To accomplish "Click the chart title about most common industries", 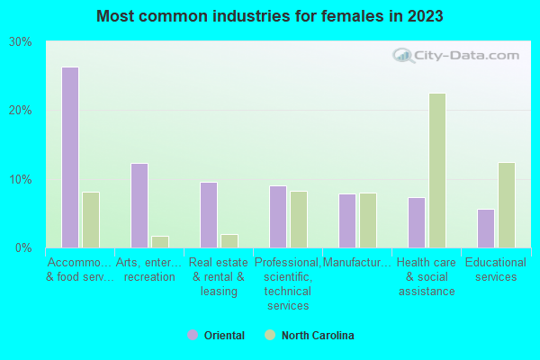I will tap(270, 16).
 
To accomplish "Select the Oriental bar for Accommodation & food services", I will tap(70, 157).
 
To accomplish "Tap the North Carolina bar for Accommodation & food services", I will tap(91, 220).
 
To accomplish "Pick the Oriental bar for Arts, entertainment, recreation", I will tap(139, 205).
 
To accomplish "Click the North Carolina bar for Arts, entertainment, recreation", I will tap(160, 241).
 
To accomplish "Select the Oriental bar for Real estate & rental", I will tap(209, 215).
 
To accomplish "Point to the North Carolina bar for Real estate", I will tap(229, 240).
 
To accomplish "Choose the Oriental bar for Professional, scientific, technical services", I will tap(278, 217).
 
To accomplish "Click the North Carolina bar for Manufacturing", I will tap(368, 220).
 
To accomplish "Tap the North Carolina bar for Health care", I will tap(437, 170).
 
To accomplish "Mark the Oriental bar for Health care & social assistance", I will tap(417, 222).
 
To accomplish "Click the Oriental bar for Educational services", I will tap(486, 229).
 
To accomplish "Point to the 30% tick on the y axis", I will tap(21, 42).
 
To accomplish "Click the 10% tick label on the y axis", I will tap(21, 179).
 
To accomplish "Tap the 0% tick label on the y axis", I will tap(24, 247).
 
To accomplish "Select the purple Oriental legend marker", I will tap(192, 335).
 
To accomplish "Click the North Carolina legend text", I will tap(318, 336).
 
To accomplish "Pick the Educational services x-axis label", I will tap(496, 270).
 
